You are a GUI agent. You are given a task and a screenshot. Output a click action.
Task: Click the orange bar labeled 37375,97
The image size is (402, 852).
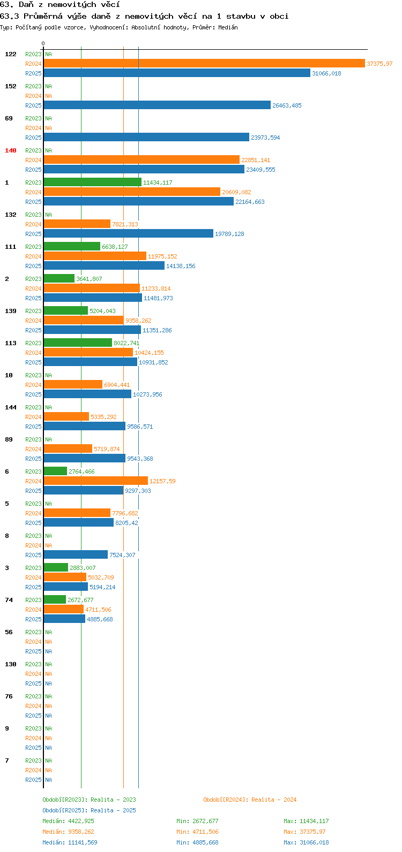click(204, 64)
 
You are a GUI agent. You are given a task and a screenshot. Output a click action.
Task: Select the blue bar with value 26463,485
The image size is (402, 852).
click(157, 105)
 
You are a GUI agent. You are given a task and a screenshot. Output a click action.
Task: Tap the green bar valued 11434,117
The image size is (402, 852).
click(93, 182)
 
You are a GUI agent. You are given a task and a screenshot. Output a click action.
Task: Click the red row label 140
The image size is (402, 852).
click(11, 150)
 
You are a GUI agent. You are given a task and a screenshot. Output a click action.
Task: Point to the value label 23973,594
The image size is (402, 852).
click(265, 138)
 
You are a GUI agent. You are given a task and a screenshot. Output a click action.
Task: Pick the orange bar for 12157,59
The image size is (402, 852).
click(95, 481)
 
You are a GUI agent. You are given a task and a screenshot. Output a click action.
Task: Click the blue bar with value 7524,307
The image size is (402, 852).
click(76, 554)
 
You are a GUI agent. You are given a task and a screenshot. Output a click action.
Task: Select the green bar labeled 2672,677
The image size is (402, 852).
click(55, 599)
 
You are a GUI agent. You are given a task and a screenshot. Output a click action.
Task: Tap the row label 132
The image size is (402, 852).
click(11, 215)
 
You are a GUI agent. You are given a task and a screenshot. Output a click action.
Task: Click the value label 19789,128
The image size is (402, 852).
click(229, 234)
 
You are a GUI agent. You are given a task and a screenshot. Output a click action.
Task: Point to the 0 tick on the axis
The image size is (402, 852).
click(43, 43)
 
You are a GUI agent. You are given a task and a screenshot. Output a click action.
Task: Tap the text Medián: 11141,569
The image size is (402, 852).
click(70, 842)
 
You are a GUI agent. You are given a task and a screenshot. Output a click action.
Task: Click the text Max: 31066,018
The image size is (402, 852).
click(306, 842)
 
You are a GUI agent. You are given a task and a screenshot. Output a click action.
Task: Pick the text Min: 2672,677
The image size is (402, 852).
click(197, 821)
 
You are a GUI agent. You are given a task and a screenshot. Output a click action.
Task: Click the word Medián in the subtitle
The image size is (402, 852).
click(228, 27)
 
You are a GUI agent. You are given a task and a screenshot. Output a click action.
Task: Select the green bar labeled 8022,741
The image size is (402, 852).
click(78, 343)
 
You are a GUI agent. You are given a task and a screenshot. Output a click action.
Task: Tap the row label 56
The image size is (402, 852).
click(9, 632)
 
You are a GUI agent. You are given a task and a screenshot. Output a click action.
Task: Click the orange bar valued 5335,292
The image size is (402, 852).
click(66, 416)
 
